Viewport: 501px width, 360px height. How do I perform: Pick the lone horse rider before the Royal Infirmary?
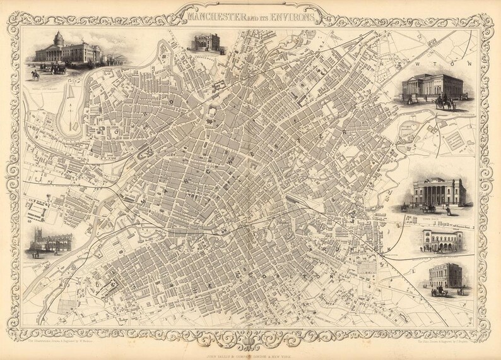point(37,75)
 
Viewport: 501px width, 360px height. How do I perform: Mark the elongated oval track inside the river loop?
point(67,112)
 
